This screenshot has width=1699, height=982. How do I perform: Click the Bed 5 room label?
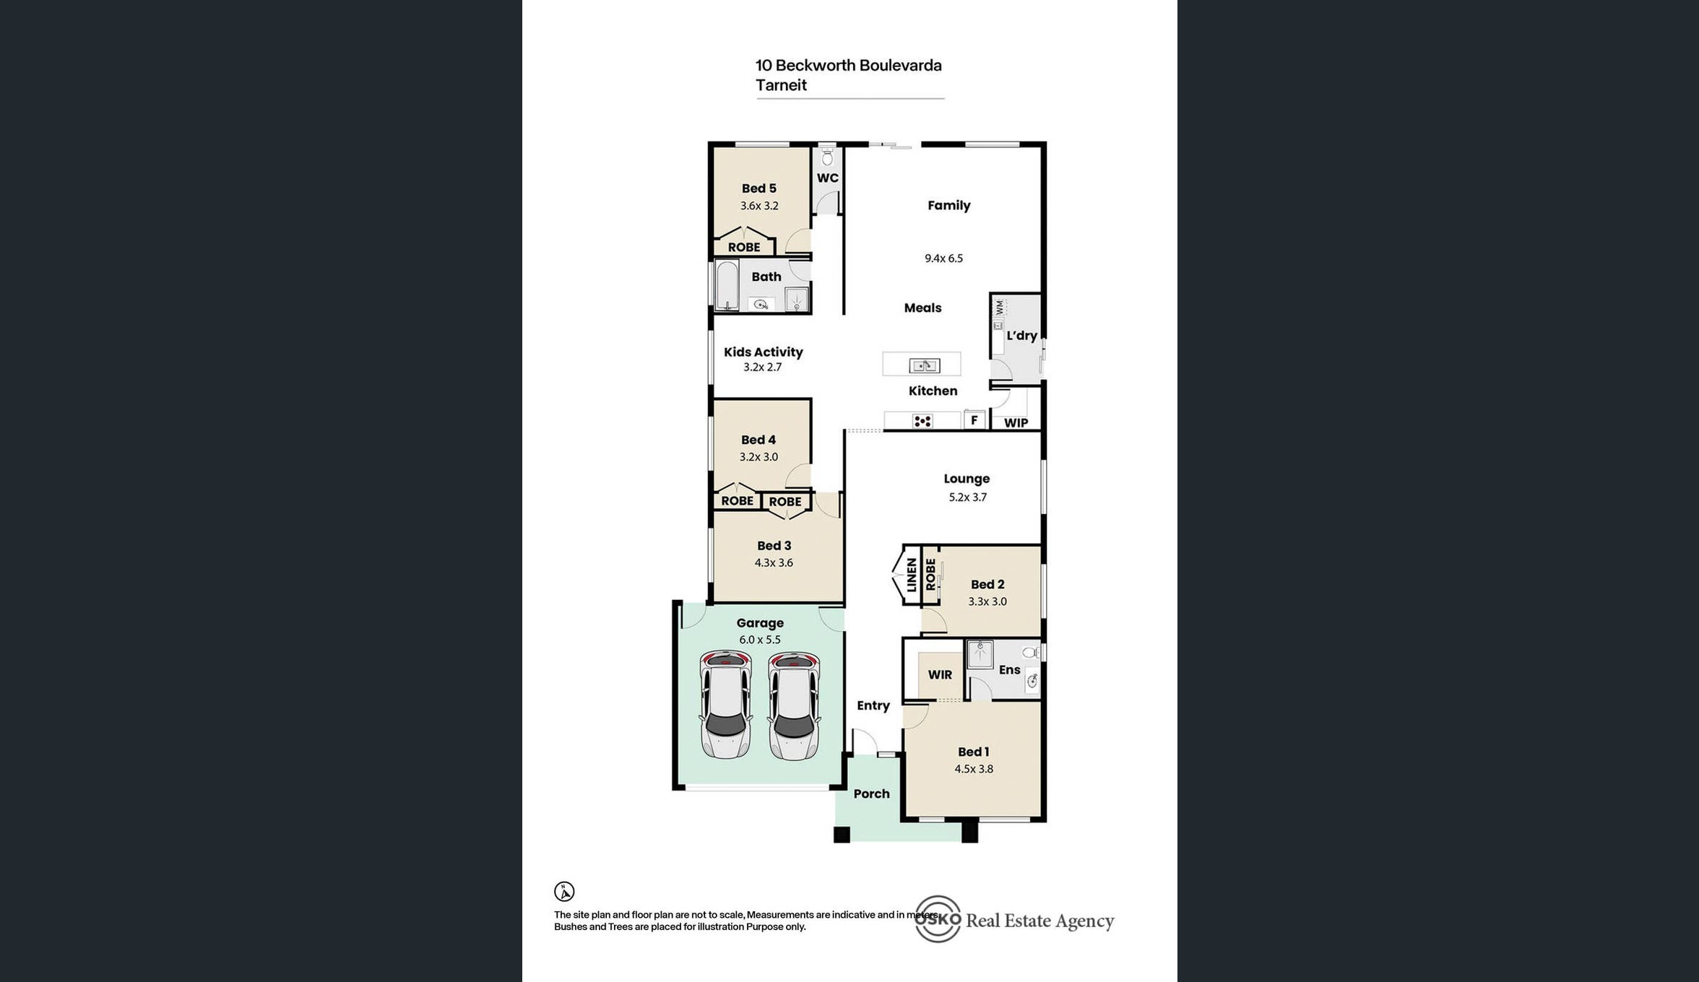pyautogui.click(x=758, y=188)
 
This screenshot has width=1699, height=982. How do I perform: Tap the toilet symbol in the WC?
pyautogui.click(x=828, y=157)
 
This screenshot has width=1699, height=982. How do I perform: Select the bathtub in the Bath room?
pyautogui.click(x=727, y=285)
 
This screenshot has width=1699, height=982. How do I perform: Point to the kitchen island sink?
pyautogui.click(x=924, y=365)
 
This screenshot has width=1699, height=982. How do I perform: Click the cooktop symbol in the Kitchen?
pyautogui.click(x=922, y=421)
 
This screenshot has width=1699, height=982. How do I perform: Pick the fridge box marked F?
pyautogui.click(x=974, y=420)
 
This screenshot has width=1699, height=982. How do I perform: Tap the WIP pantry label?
pyautogui.click(x=1016, y=422)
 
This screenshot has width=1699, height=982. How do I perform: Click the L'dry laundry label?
pyautogui.click(x=1021, y=336)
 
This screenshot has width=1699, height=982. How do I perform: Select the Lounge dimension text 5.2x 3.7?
pyautogui.click(x=967, y=497)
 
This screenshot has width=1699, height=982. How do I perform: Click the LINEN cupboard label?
pyautogui.click(x=912, y=575)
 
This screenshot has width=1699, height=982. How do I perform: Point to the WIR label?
pyautogui.click(x=940, y=674)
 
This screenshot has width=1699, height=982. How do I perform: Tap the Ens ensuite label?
pyautogui.click(x=1009, y=670)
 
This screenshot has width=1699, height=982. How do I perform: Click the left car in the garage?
pyautogui.click(x=725, y=705)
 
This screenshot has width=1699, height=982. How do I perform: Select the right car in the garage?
pyautogui.click(x=794, y=705)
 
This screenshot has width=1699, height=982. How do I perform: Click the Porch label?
pyautogui.click(x=871, y=794)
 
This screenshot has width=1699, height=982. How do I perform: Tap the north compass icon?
pyautogui.click(x=564, y=892)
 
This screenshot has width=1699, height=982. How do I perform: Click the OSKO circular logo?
pyautogui.click(x=938, y=919)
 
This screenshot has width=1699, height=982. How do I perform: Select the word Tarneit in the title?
pyautogui.click(x=781, y=85)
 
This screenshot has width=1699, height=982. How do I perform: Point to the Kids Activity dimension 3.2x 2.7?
pyautogui.click(x=762, y=367)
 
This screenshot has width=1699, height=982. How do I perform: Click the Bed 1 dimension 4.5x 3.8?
pyautogui.click(x=974, y=769)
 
